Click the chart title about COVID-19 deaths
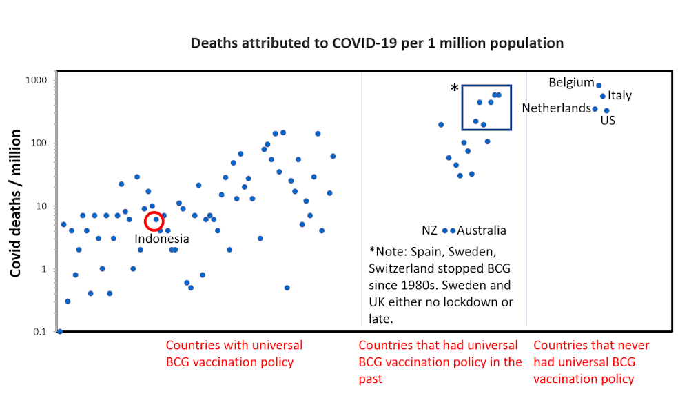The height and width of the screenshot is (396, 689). point(377,43)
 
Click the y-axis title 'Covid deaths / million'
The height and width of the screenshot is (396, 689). point(16,203)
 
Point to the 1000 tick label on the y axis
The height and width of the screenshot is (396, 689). point(34,80)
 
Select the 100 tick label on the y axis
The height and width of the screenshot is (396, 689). point(37,143)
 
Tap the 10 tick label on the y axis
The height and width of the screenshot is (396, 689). point(39,206)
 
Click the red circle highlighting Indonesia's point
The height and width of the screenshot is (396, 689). point(156,220)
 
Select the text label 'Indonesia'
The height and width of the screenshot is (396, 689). point(161,239)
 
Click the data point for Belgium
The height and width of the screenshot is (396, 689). point(599,86)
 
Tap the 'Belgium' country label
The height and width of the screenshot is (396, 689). point(571,83)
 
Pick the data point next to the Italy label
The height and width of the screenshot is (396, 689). point(603,96)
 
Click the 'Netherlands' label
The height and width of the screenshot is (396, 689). point(556,108)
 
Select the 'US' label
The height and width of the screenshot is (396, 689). point(608,121)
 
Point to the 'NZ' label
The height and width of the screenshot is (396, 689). point(430,230)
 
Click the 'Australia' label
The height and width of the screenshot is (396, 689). point(482,230)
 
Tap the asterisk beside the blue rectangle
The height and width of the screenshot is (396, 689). point(454,89)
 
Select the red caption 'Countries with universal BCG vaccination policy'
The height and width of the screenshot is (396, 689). point(234,353)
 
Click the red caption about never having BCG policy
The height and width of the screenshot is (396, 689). point(592,362)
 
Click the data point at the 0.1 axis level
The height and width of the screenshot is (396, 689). point(60,331)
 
